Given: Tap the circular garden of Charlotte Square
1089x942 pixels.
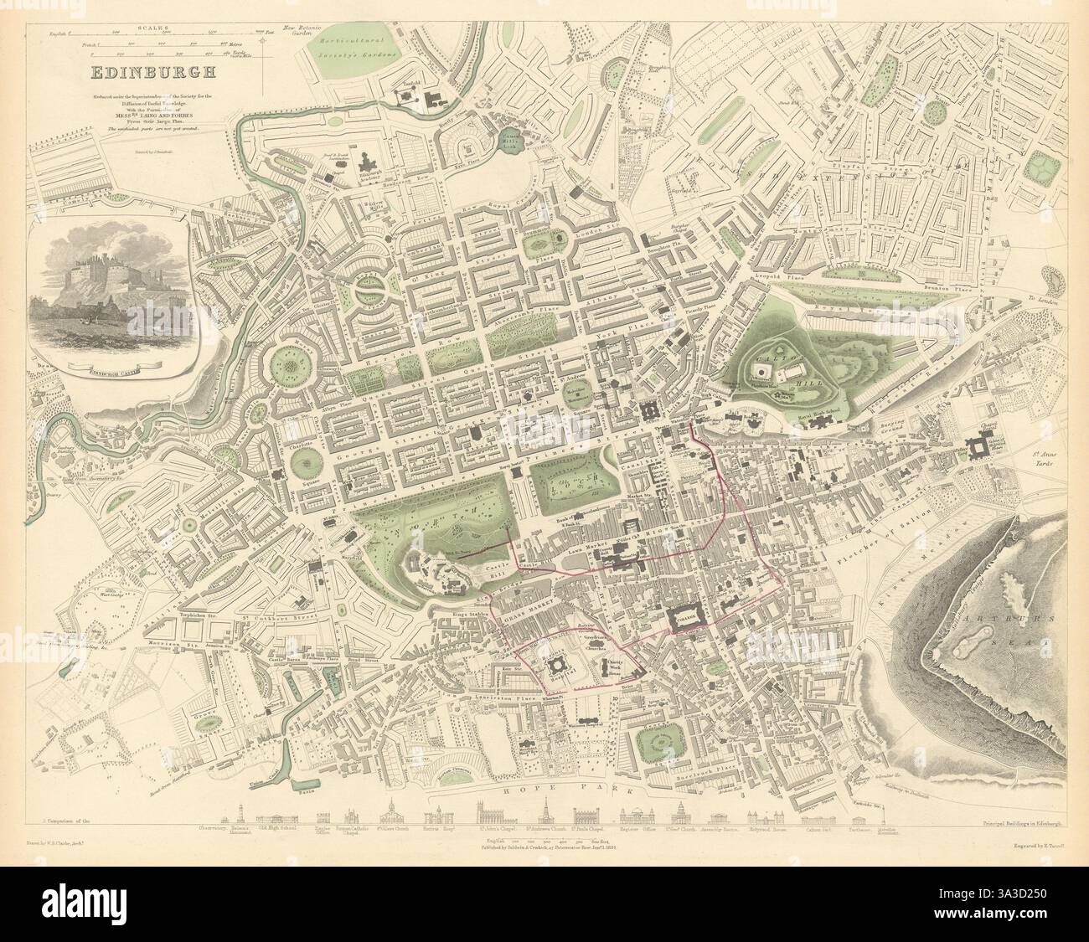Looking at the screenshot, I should coord(308,460).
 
